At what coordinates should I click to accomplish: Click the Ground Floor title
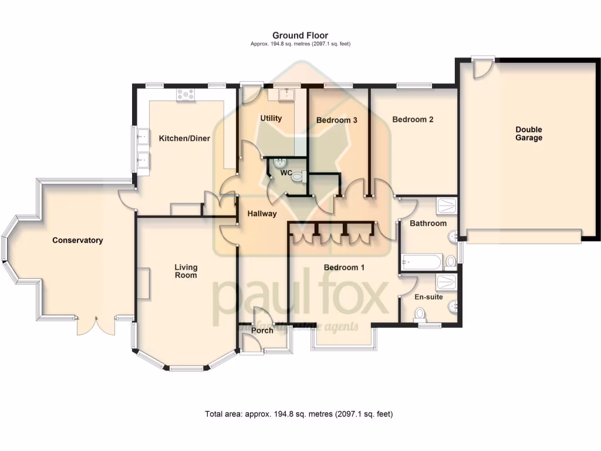click(x=300, y=36)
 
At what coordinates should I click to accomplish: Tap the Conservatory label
click(x=77, y=240)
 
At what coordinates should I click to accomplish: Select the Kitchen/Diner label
click(x=184, y=139)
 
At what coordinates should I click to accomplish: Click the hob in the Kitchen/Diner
click(x=187, y=94)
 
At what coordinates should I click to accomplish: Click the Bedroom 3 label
click(x=336, y=120)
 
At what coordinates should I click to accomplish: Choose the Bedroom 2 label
click(x=413, y=120)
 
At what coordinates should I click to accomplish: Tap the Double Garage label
click(x=529, y=134)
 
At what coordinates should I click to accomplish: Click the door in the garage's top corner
click(x=482, y=68)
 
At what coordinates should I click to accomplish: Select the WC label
click(x=286, y=173)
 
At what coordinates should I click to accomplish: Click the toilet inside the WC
click(x=298, y=176)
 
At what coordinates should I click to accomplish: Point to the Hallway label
click(x=262, y=214)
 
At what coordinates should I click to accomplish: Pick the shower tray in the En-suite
click(x=446, y=281)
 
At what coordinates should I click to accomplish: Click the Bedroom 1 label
click(x=345, y=268)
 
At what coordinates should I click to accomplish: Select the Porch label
click(x=262, y=331)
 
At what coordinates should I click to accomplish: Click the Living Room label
click(x=185, y=271)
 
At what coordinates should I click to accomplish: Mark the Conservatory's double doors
click(x=95, y=325)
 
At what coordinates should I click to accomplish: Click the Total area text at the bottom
click(x=299, y=414)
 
